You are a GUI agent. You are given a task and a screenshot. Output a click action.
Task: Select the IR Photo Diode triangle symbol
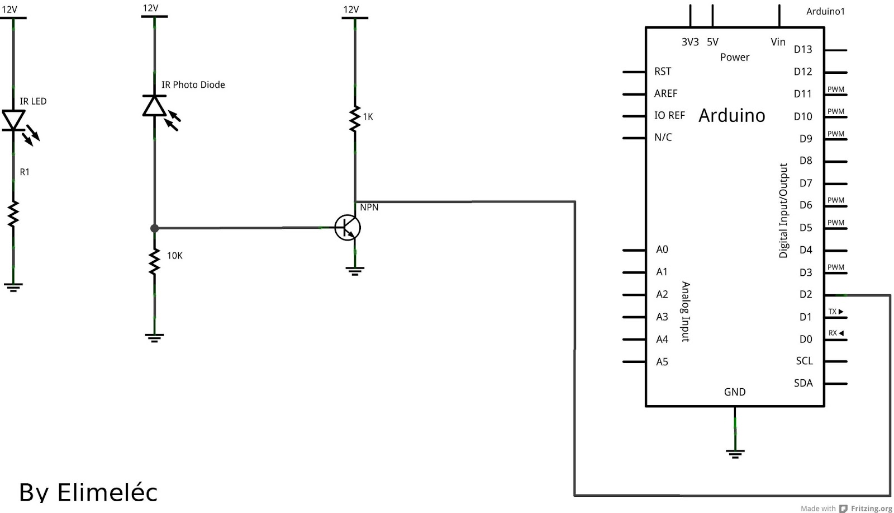(x=154, y=106)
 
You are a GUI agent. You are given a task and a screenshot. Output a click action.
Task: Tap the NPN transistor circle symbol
(x=348, y=228)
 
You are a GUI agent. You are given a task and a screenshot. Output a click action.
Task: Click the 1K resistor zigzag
(x=355, y=119)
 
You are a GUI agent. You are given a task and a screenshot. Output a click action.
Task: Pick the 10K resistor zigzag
(x=154, y=262)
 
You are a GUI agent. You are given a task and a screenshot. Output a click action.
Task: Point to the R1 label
(x=25, y=172)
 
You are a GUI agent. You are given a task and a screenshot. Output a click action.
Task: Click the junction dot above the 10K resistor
(x=154, y=228)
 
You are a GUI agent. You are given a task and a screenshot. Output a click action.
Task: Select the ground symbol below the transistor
(x=355, y=271)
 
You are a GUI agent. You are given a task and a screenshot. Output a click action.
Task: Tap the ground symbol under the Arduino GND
(x=735, y=453)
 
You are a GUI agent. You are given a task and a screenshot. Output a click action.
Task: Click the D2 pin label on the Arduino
(x=805, y=294)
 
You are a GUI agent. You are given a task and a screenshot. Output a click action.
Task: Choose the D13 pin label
(x=803, y=49)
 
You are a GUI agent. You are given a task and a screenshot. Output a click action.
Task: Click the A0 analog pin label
(x=662, y=250)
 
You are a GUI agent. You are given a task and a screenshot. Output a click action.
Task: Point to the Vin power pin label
(x=778, y=42)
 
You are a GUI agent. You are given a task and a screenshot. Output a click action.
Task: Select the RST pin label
(x=663, y=72)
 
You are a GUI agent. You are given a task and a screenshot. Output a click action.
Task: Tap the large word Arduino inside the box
(x=732, y=115)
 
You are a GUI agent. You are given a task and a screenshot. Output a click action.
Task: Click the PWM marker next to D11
(x=836, y=89)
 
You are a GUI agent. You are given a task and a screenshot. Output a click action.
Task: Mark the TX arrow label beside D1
(x=835, y=312)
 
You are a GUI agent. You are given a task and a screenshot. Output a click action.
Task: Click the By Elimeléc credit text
(x=88, y=492)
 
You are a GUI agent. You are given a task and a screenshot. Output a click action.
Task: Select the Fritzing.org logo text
(x=871, y=509)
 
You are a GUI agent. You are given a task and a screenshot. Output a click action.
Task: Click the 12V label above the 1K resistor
(x=351, y=10)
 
